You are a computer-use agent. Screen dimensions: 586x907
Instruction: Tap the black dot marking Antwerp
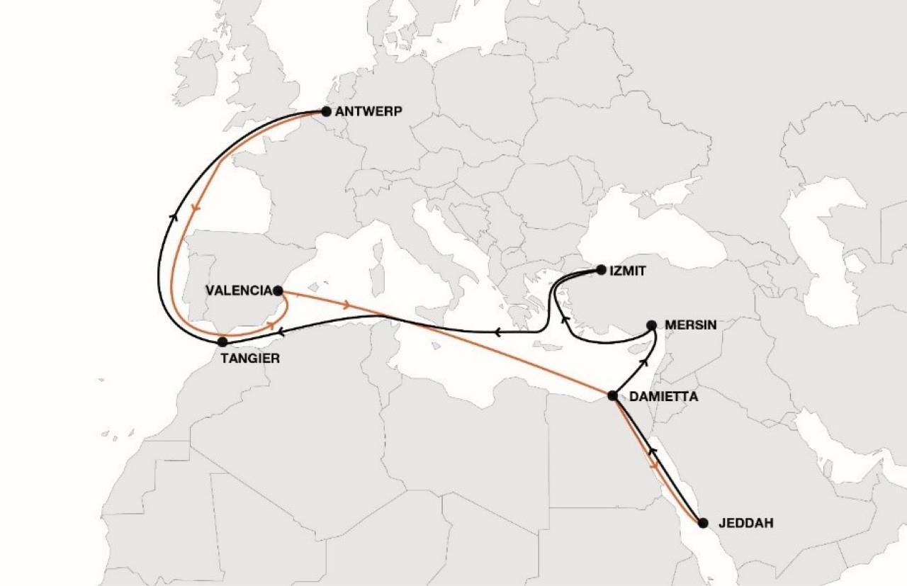pos(326,111)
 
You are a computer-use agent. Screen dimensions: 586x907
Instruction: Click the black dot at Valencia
pos(278,291)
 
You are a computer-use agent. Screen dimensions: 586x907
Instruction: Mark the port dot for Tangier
pos(222,342)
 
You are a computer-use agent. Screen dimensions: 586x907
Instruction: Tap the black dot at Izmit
pos(601,269)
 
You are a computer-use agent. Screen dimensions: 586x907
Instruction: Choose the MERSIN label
pos(691,325)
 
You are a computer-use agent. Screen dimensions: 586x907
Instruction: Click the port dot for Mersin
pos(652,325)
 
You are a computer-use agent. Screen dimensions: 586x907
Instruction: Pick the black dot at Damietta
pos(612,395)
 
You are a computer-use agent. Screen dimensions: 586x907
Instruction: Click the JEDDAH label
pos(745,524)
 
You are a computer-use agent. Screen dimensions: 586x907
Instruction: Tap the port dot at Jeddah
pos(703,524)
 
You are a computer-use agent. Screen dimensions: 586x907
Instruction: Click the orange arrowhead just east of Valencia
pos(346,305)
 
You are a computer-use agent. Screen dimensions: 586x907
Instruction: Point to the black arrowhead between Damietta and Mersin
pos(644,362)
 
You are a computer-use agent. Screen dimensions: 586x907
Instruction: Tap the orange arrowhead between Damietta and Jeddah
pos(653,466)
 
